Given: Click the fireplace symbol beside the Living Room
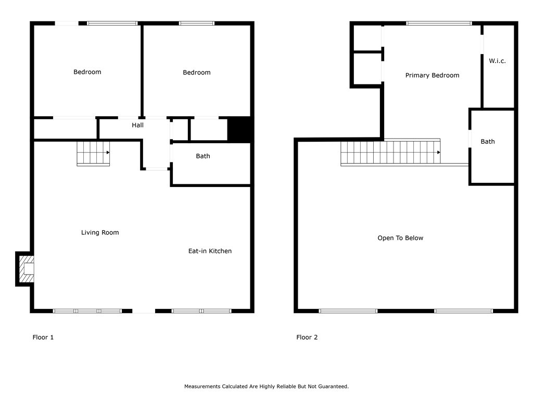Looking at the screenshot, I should point(25,269).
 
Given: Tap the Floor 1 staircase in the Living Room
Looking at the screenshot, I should point(93,153).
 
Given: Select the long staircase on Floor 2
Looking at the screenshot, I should point(391,153).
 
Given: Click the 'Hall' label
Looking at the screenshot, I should point(137,125).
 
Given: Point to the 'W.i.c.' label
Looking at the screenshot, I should point(497,61).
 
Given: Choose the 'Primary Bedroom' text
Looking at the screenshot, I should point(432,76).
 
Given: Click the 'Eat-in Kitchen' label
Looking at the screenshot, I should point(210,251).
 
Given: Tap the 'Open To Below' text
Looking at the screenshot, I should point(400,238).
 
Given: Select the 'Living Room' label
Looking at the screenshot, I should point(100,232).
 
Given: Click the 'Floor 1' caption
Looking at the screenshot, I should point(43,337).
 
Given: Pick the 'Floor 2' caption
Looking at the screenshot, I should point(307,337).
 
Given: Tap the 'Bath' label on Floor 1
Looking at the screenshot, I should point(203,156).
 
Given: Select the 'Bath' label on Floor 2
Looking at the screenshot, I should point(488,142).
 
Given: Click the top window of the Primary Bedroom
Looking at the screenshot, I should point(439,23).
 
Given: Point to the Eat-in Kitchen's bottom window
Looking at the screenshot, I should point(201,311).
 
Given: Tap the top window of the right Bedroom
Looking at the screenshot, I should point(197,23).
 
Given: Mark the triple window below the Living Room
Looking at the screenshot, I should point(87,311).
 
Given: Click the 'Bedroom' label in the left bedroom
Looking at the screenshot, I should point(87,72).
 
